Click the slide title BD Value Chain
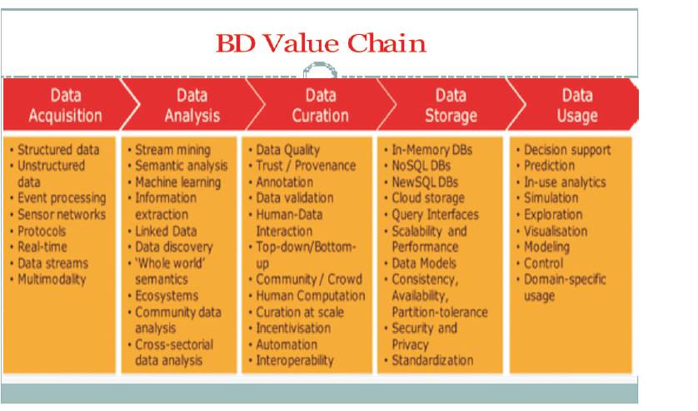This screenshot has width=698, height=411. point(321,43)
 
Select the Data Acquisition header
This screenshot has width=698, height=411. point(66,106)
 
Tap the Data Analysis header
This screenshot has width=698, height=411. point(192,106)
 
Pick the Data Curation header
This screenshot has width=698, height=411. point(321,106)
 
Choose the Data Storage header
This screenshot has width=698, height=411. point(451,106)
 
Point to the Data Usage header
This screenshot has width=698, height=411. point(577,106)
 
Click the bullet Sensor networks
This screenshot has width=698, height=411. point(62,215)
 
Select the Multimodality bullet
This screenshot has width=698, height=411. point(52,280)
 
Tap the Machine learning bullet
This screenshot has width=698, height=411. point(177,182)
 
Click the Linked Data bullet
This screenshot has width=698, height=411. point(166,230)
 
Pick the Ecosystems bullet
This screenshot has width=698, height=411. point(167,296)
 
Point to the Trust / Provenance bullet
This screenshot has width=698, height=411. point(306,166)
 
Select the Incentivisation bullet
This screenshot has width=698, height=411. point(293,329)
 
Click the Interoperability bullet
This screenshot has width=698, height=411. point(295,360)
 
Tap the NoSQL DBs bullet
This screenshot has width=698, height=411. point(421,166)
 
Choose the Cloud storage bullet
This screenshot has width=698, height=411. point(428,198)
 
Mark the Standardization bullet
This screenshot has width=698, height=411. point(432,360)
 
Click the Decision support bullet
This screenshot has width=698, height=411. point(567,150)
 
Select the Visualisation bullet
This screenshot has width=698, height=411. point(555,230)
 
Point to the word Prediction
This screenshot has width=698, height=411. point(549,166)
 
